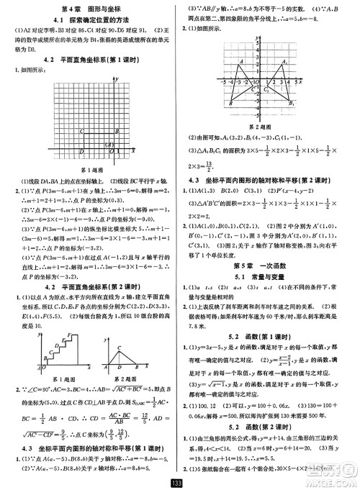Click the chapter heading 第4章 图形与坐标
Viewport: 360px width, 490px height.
coord(89,7)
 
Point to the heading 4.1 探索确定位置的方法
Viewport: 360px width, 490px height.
coord(89,19)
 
